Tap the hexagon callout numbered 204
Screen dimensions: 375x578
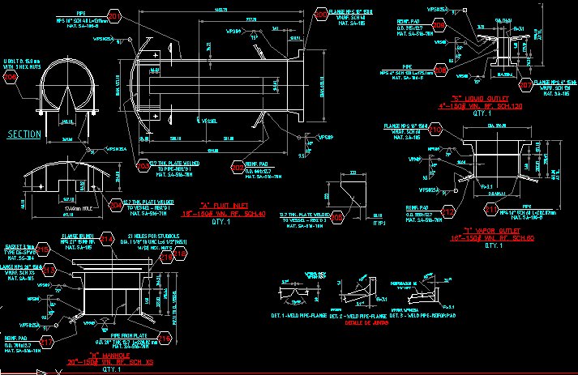point(116,204)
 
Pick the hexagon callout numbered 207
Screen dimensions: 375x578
point(526,84)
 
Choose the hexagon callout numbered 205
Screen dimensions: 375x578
point(439,25)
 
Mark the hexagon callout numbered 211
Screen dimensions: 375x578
point(491,210)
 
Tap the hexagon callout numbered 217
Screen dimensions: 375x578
point(49,343)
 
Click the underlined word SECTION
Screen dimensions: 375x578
point(24,134)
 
